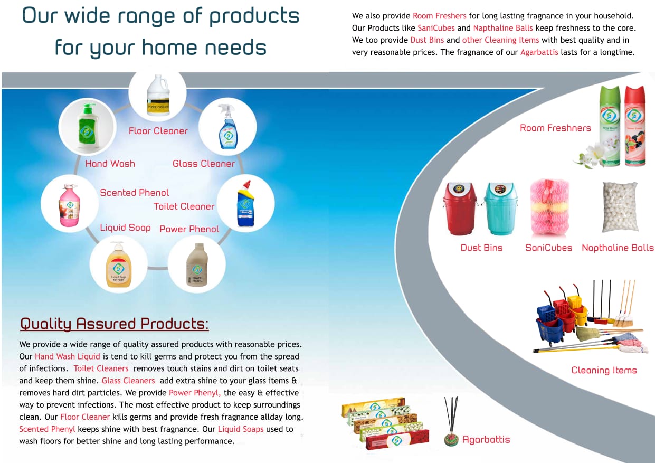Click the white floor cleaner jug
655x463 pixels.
158,95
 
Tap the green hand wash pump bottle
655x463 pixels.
88,127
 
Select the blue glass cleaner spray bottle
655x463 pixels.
228,127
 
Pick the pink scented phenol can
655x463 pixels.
69,205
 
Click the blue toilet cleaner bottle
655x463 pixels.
245,204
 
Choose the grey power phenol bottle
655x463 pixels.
197,264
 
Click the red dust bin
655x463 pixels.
460,209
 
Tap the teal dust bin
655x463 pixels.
500,209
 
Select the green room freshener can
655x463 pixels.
610,126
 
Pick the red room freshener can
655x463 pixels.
635,126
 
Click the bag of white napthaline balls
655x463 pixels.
620,207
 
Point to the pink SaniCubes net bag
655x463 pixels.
549,207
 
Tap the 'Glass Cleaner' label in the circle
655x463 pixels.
204,164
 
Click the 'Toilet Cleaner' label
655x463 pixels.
184,206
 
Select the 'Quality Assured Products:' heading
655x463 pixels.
115,324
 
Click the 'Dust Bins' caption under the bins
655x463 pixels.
481,248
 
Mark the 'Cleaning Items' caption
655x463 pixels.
604,370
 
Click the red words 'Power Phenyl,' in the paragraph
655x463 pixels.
195,393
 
